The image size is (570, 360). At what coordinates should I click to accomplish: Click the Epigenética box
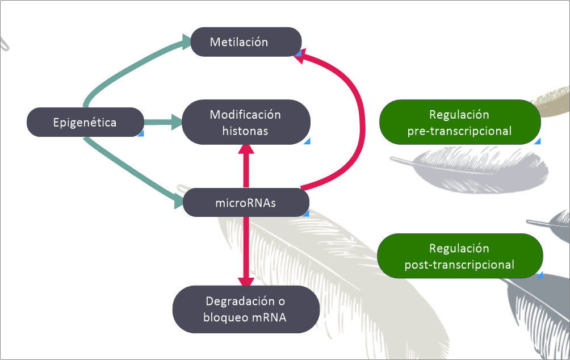click(x=85, y=122)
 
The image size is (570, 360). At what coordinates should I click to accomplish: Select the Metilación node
click(x=245, y=42)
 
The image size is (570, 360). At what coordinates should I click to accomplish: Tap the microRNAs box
click(x=245, y=203)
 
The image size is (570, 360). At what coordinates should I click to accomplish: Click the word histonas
click(x=245, y=131)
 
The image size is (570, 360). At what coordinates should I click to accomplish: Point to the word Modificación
click(x=245, y=114)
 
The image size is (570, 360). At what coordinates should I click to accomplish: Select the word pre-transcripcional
click(x=459, y=131)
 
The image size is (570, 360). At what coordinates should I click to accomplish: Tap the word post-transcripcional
click(x=459, y=265)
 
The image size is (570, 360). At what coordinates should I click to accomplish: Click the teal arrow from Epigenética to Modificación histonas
click(x=161, y=122)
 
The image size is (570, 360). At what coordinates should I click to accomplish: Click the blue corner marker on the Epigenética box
click(x=141, y=133)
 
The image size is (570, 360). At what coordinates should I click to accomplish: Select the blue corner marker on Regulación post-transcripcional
click(x=539, y=275)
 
